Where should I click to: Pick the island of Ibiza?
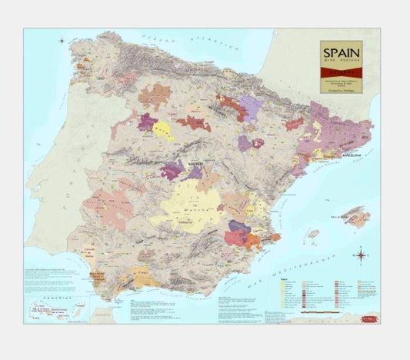(x=313, y=233)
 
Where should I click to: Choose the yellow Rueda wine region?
(x=163, y=130)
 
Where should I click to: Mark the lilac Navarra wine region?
(x=250, y=107)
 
